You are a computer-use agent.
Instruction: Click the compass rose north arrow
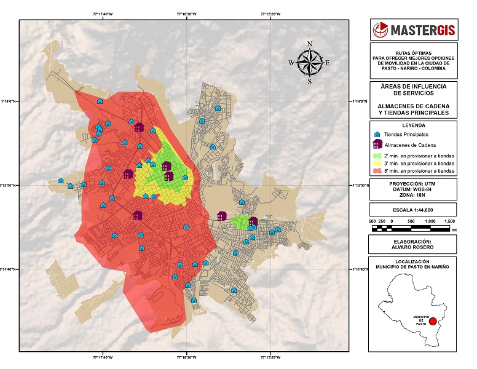click(x=310, y=61)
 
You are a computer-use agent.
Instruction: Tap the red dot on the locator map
click(x=432, y=321)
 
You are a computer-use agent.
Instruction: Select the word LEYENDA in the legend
click(x=413, y=124)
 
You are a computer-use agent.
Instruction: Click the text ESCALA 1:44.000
click(x=413, y=209)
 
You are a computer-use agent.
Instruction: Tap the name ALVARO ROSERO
click(x=413, y=247)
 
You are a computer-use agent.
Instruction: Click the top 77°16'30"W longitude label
click(x=187, y=14)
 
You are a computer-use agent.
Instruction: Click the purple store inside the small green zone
click(x=253, y=221)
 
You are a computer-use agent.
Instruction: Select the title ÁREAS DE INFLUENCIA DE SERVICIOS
click(x=413, y=90)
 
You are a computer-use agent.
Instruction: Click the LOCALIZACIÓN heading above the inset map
click(x=413, y=261)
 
